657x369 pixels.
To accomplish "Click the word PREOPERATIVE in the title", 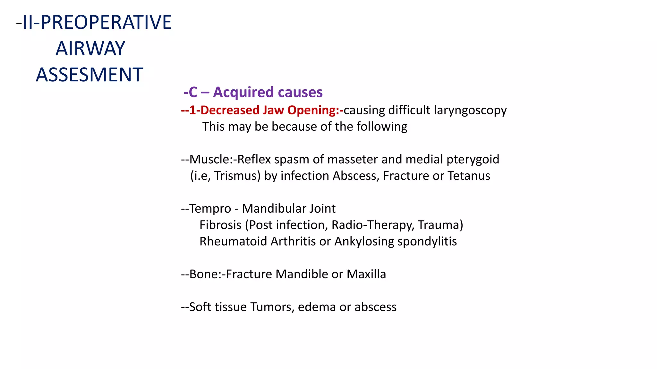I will point(106,22).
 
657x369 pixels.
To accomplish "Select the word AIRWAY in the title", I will point(90,49).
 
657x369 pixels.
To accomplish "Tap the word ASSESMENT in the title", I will point(89,75).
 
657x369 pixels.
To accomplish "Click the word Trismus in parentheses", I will point(237,176).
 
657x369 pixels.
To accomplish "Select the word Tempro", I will point(210,209).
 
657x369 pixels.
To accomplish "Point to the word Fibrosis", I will point(220,225).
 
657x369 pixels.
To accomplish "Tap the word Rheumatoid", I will point(233,242).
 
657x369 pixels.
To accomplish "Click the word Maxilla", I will point(366,274).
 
